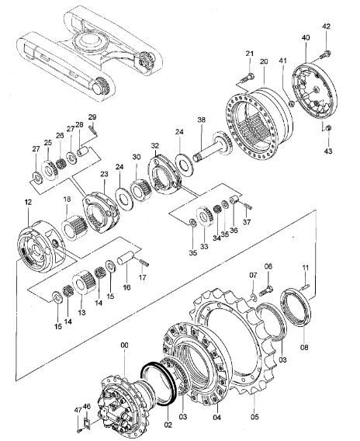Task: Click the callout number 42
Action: [327, 26]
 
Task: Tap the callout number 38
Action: [201, 120]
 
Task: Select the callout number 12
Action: [28, 202]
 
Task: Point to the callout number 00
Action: [124, 345]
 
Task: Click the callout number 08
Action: [304, 347]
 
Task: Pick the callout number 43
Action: [328, 151]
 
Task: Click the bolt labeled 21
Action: [247, 77]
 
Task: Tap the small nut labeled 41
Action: [292, 104]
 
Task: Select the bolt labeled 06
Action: [265, 290]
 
